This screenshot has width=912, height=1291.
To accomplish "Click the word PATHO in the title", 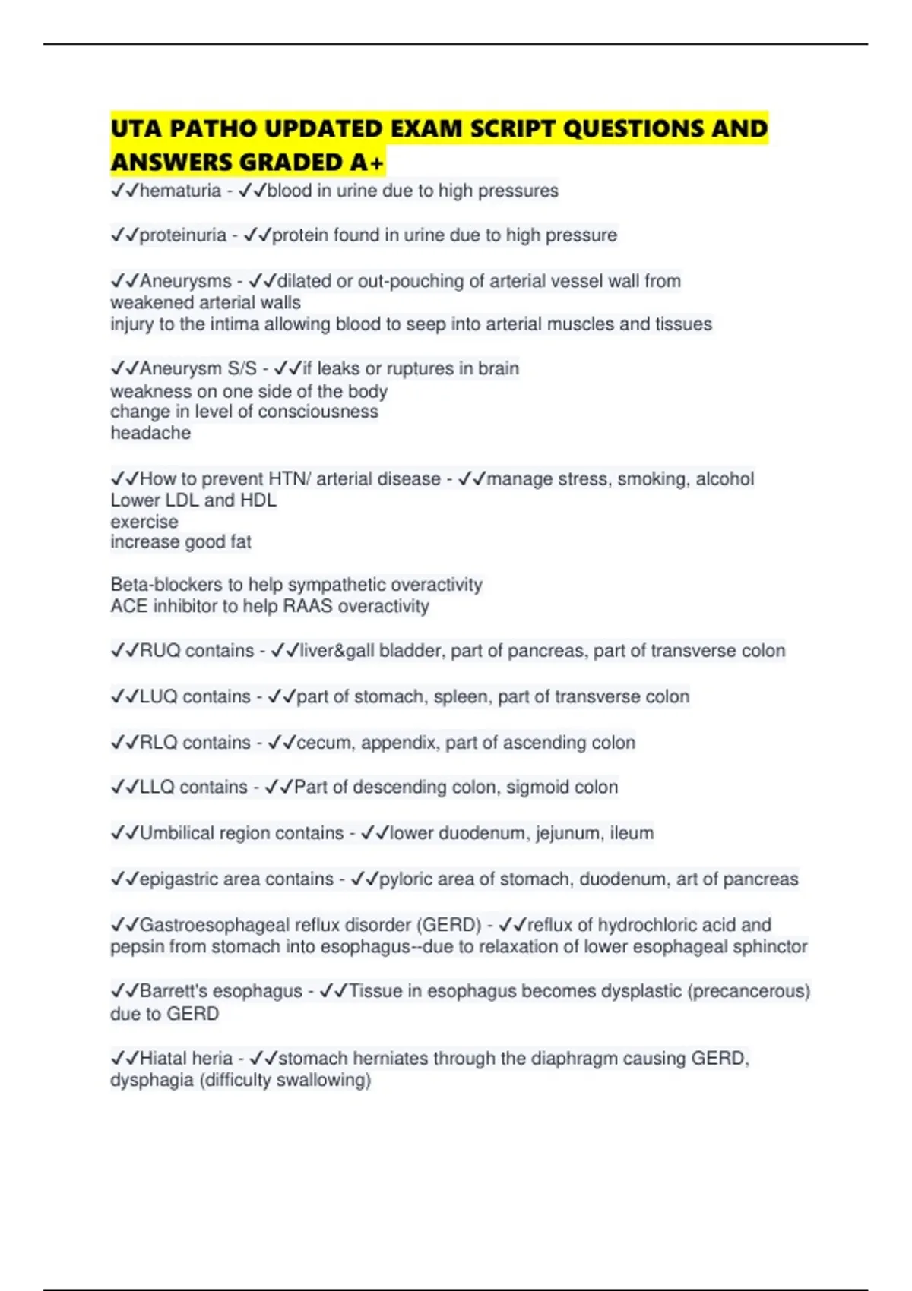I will click(x=214, y=128).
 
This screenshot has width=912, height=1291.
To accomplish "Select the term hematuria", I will click(x=180, y=191).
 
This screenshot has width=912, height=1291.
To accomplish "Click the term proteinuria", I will click(x=182, y=235).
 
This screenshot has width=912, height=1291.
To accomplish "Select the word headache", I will click(x=150, y=433).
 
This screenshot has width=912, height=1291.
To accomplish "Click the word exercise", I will click(x=144, y=522).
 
